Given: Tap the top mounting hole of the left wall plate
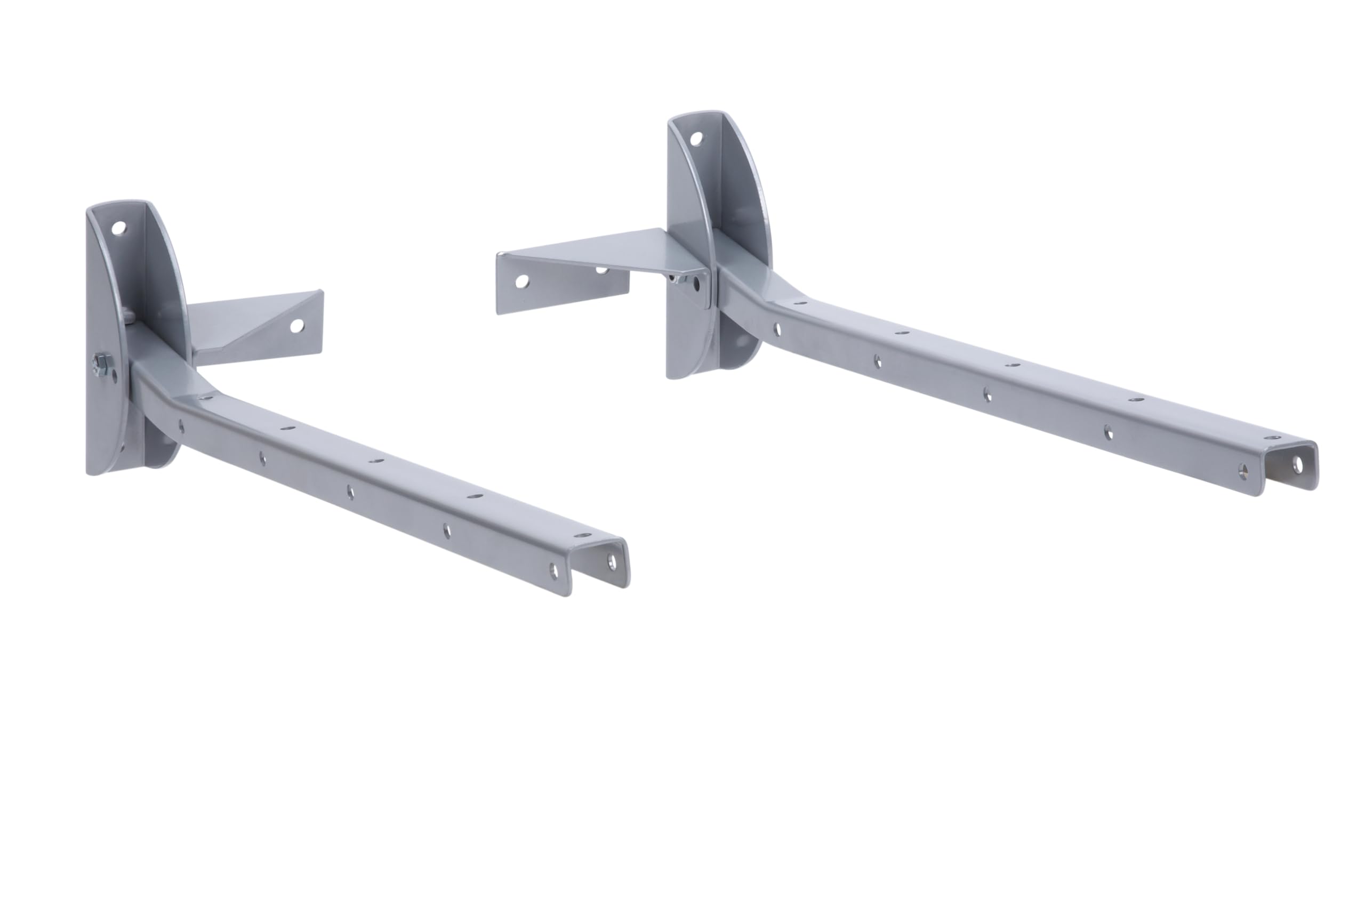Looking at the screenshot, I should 118,227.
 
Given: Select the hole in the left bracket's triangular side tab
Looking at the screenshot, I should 296,326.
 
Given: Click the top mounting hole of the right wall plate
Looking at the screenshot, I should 696,139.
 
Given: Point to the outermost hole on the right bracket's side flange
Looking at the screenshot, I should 522,281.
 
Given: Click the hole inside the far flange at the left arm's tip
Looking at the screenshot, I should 612,561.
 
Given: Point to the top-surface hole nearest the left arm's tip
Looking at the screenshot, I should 582,535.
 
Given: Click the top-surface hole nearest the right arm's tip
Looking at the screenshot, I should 1272,438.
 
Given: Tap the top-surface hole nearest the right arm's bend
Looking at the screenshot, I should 800,303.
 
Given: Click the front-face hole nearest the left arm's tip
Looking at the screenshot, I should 553,570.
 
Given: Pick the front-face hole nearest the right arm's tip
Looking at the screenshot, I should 1242,470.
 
